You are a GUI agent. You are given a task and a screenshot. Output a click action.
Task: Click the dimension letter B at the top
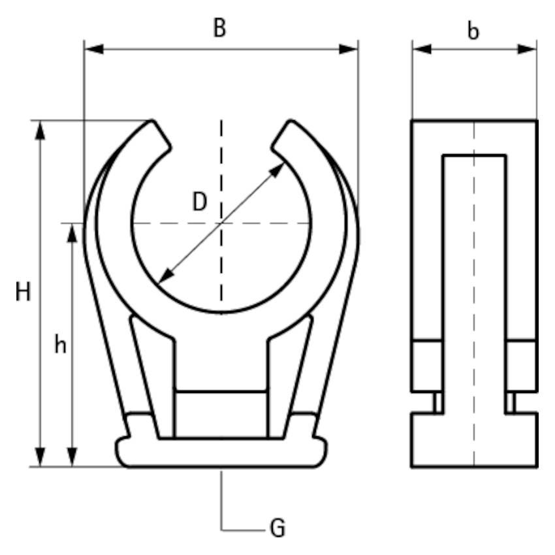219,27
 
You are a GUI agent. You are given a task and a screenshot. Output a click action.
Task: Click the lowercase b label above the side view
473,31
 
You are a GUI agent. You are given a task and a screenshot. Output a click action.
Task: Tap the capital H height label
23,292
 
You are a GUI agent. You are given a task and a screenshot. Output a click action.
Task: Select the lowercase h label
60,344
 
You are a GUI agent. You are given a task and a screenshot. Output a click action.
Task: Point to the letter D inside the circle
199,202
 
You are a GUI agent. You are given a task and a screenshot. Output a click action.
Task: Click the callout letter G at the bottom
277,528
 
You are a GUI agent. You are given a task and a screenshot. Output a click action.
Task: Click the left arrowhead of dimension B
94,49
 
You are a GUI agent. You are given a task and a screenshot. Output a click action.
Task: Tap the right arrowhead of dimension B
348,49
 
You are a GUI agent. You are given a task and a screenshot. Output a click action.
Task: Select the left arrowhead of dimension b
422,49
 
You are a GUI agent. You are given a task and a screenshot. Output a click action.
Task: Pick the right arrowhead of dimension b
527,49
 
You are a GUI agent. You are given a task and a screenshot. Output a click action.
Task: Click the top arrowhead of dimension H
40,130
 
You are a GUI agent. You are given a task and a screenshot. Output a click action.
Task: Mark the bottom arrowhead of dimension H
40,457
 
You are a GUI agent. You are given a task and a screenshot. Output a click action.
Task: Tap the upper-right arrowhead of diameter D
277,170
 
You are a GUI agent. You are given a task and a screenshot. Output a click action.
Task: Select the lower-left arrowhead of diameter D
165,276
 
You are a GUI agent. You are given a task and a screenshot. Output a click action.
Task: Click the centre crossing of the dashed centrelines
221,223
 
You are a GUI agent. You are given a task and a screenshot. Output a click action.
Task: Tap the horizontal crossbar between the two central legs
221,391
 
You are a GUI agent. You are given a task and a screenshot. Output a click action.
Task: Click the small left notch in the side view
439,402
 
